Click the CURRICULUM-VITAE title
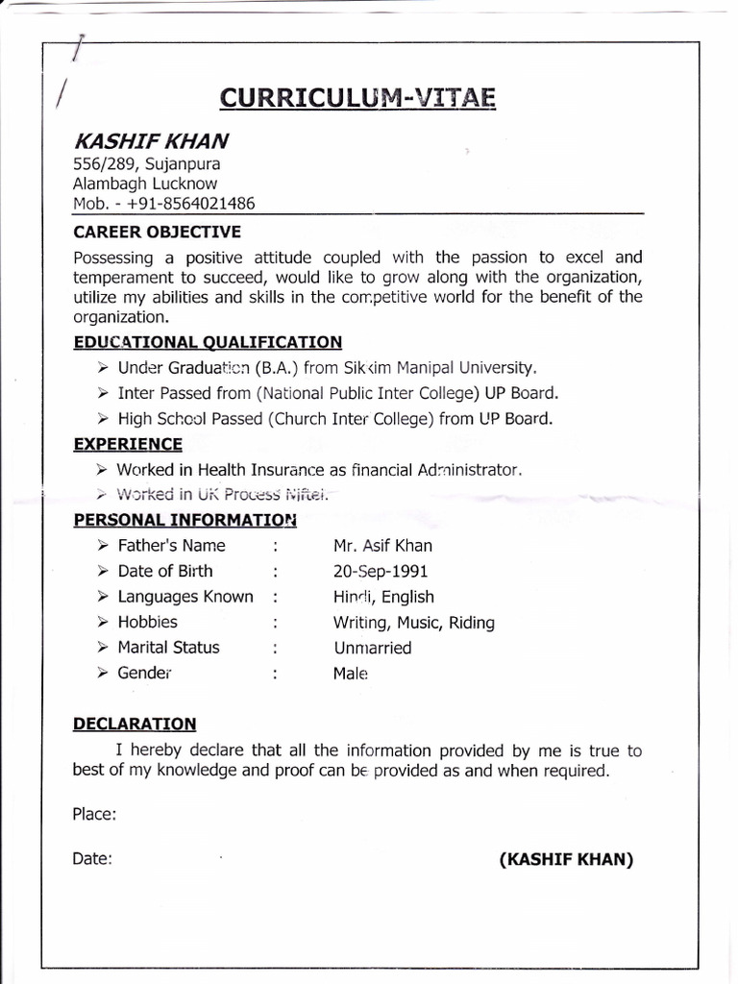coord(357,98)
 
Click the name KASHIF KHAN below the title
coord(151,141)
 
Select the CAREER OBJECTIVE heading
coord(157,232)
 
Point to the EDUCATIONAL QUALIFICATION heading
coord(208,342)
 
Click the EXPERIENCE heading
coord(128,444)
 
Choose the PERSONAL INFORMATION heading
coord(184,520)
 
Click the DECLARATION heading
coord(135,724)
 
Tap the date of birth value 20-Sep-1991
coord(381,571)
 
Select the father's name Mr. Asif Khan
coord(382,546)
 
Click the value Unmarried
coord(373,648)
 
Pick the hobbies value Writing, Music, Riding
coord(413,623)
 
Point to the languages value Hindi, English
coord(383,597)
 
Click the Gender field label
coord(144,673)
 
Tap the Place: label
coord(94,814)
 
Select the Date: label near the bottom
coord(92,859)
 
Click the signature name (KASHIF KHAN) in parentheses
coord(566,859)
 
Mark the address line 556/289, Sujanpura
coord(146,163)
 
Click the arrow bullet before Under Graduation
coord(103,368)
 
